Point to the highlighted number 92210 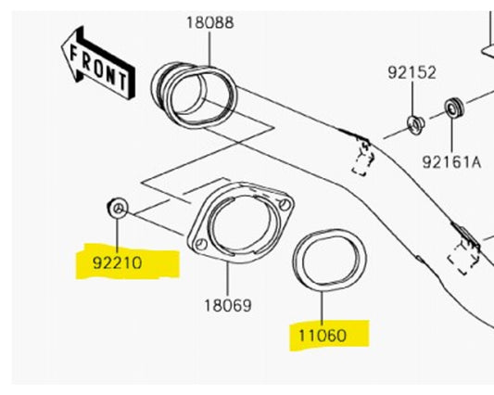point(118,262)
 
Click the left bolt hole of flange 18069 point(199,238)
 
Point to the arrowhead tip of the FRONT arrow point(60,46)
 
